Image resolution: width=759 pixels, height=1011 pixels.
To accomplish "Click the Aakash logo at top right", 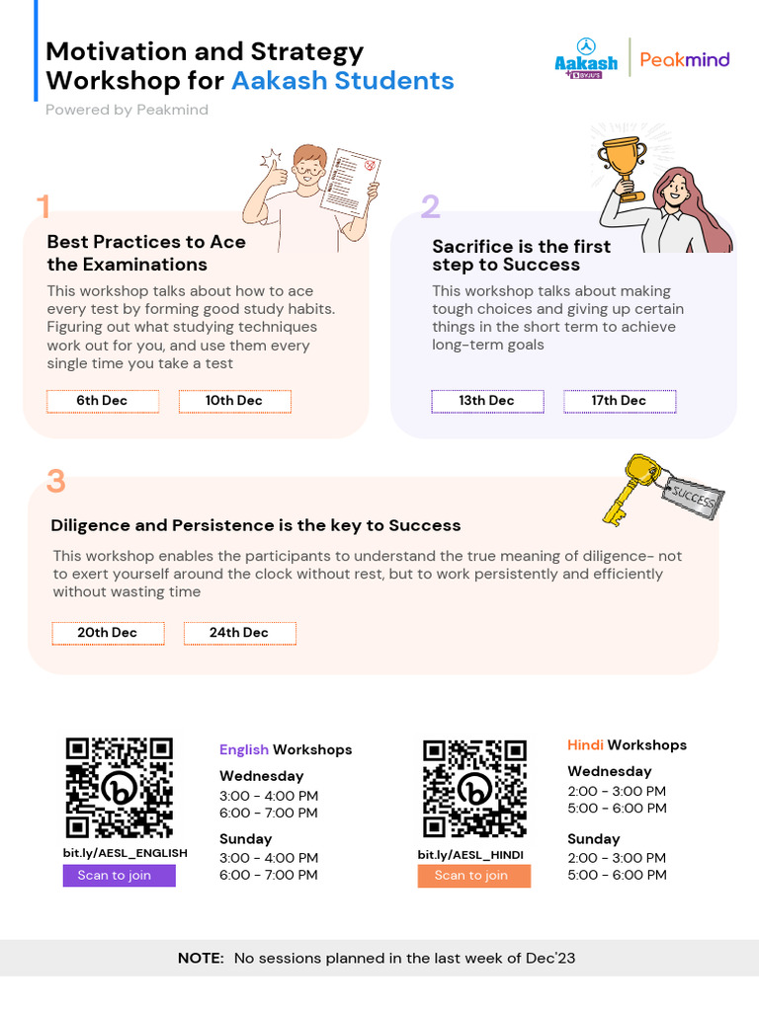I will pyautogui.click(x=586, y=57).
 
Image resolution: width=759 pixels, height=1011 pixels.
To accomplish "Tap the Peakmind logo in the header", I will pyautogui.click(x=685, y=59).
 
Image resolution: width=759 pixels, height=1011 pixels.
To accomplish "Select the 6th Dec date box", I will pyautogui.click(x=102, y=401).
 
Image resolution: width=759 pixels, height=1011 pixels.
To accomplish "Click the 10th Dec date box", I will pyautogui.click(x=234, y=401).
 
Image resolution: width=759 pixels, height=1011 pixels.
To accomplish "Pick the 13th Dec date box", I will pyautogui.click(x=486, y=401).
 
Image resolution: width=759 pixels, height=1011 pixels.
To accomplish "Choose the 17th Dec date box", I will pyautogui.click(x=620, y=401).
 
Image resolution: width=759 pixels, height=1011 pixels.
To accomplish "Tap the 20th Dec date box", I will pyautogui.click(x=108, y=633).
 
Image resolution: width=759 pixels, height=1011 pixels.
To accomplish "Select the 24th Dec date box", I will pyautogui.click(x=239, y=633).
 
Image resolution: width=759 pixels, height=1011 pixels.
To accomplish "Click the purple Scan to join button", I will pyautogui.click(x=119, y=876).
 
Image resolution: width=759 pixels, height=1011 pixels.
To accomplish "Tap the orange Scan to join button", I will pyautogui.click(x=473, y=876).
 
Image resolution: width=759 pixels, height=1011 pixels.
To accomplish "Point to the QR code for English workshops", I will pyautogui.click(x=120, y=788).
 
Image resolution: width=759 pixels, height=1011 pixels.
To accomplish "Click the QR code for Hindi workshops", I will pyautogui.click(x=474, y=788).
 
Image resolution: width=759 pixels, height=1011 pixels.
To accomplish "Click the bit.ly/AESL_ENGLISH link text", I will pyautogui.click(x=126, y=853).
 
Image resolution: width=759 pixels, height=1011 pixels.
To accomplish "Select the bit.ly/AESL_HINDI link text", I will pyautogui.click(x=470, y=855).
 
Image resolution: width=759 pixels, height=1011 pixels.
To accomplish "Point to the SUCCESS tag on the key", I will pyautogui.click(x=694, y=499).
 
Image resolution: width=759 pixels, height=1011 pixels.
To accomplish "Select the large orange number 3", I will pyautogui.click(x=56, y=482).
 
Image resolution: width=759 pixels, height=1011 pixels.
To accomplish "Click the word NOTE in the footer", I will pyautogui.click(x=201, y=958).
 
